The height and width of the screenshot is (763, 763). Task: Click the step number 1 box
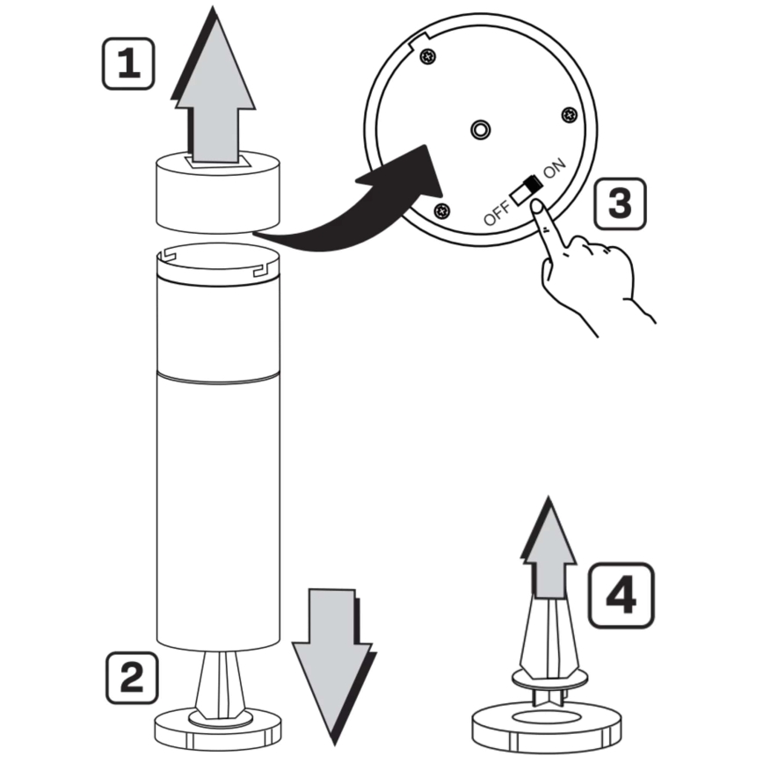pyautogui.click(x=128, y=64)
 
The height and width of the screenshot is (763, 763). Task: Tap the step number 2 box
pyautogui.click(x=132, y=678)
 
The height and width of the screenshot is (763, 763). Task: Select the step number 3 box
pyautogui.click(x=620, y=203)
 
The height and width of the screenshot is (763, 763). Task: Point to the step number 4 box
pyautogui.click(x=621, y=595)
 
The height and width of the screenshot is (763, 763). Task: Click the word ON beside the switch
pyautogui.click(x=555, y=168)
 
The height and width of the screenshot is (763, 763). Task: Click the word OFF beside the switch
pyautogui.click(x=498, y=213)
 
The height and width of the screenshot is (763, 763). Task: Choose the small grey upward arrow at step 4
pyautogui.click(x=549, y=548)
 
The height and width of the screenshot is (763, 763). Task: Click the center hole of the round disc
pyautogui.click(x=481, y=129)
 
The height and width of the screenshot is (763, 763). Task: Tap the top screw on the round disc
pyautogui.click(x=428, y=56)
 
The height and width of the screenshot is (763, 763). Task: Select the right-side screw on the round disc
pyautogui.click(x=570, y=115)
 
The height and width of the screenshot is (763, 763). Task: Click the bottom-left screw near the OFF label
pyautogui.click(x=442, y=211)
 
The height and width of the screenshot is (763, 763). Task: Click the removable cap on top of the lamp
pyautogui.click(x=217, y=193)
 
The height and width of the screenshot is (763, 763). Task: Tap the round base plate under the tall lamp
pyautogui.click(x=217, y=730)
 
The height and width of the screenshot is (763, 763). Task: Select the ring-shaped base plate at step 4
pyautogui.click(x=547, y=728)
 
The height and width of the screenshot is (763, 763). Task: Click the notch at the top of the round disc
pyautogui.click(x=419, y=40)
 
